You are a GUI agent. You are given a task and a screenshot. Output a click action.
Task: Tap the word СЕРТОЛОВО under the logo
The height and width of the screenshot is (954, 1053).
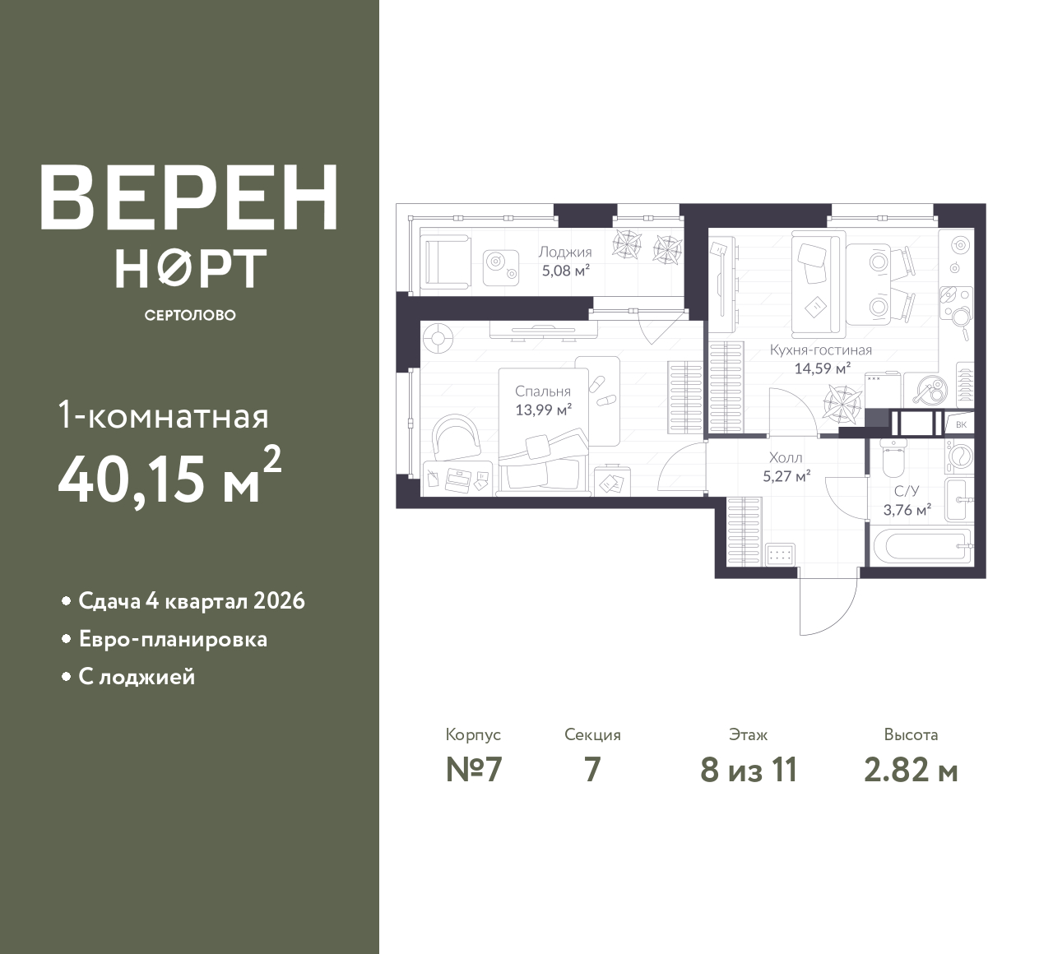point(190,315)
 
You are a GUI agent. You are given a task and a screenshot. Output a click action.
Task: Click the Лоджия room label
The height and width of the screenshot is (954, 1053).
point(565,253)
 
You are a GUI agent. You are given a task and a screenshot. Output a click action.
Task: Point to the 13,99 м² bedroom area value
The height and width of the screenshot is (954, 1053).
point(543,410)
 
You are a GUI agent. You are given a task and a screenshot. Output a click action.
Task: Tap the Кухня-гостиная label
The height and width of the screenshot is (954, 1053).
point(821,350)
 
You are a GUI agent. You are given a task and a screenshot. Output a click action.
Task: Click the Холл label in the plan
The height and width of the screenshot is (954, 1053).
point(786,458)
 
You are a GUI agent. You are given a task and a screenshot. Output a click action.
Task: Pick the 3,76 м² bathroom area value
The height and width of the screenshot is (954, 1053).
point(907,510)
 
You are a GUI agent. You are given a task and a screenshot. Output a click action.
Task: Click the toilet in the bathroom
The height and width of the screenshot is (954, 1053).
point(893,456)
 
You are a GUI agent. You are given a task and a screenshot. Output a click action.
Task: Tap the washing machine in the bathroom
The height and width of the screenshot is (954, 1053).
point(959,456)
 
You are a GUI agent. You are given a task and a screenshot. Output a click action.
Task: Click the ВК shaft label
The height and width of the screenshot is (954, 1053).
point(961,425)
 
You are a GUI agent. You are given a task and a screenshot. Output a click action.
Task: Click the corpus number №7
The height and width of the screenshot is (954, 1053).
point(474,770)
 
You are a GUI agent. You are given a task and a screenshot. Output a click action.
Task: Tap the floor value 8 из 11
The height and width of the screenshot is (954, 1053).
point(749,770)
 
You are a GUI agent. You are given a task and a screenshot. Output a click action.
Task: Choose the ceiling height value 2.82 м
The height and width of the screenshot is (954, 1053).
point(911,771)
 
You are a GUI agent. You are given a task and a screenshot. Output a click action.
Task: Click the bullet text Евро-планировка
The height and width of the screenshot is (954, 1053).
point(173,640)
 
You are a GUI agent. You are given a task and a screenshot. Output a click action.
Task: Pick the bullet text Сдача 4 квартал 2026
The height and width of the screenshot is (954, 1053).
point(192,601)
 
